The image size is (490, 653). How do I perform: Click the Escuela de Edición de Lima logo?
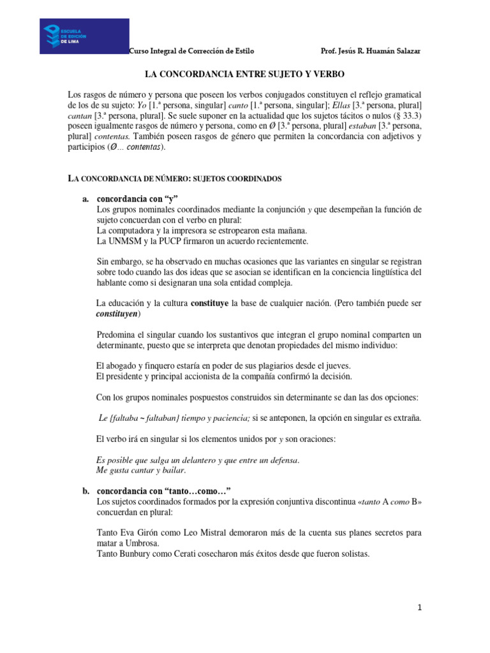coord(84,36)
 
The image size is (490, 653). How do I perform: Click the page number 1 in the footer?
coord(420,608)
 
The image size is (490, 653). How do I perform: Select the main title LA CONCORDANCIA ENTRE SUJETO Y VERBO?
coord(244,75)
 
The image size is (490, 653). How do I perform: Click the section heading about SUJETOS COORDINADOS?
coord(175,179)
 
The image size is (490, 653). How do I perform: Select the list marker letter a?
coord(85,199)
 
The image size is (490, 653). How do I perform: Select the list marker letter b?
coord(85,490)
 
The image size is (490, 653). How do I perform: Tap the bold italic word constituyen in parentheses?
coord(117,314)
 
